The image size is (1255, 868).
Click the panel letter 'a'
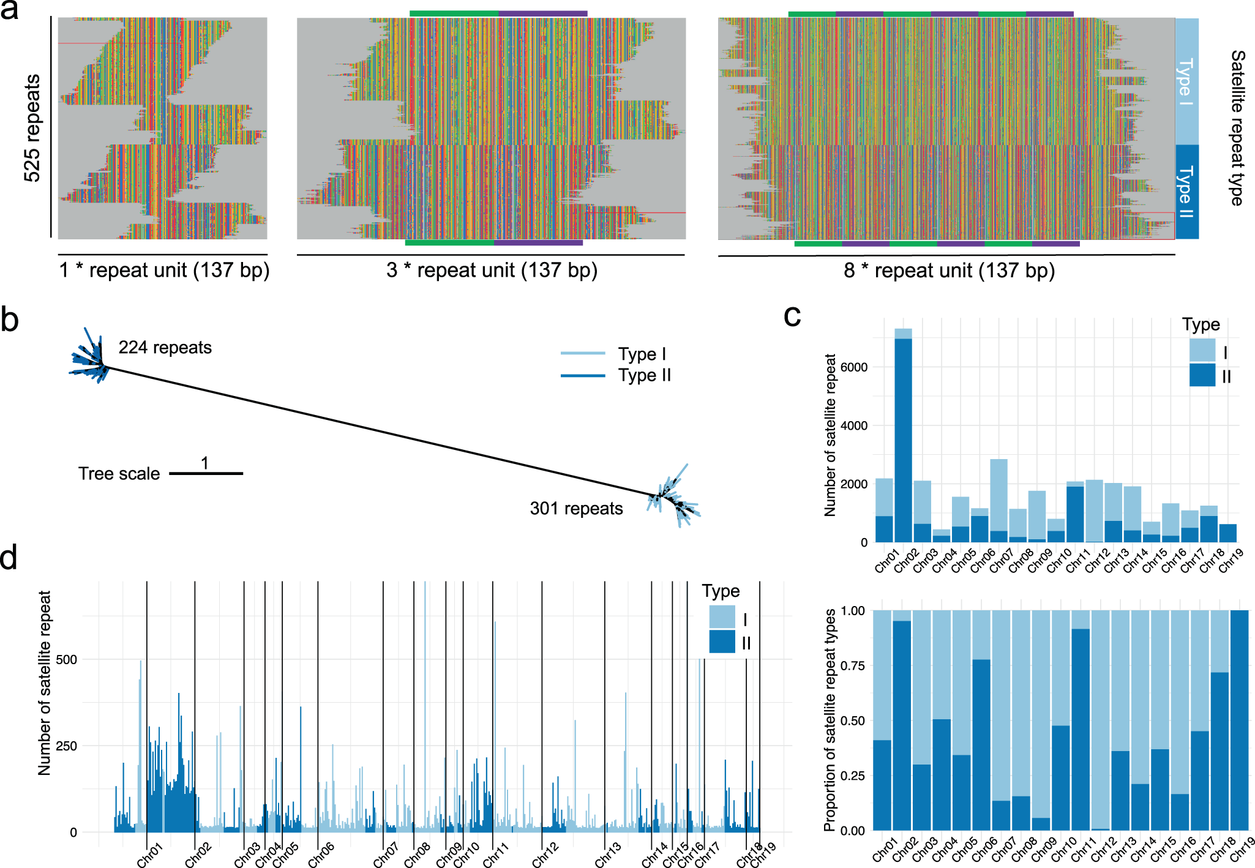point(10,10)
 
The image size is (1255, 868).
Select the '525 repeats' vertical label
point(32,128)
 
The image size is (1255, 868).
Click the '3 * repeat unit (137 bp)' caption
point(492,270)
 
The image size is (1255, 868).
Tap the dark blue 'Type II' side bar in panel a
point(1186,192)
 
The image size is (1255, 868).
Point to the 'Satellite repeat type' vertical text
point(1237,128)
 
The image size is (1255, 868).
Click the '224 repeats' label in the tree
point(165,348)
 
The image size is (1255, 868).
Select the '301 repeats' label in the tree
point(576,509)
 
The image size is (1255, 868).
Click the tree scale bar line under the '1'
point(206,473)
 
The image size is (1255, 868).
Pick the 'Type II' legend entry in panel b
point(644,375)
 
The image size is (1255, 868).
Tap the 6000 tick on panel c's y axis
point(854,367)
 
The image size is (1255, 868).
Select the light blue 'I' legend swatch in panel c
point(1202,351)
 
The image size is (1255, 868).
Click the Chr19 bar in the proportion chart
point(1238,720)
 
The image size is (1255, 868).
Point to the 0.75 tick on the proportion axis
point(852,665)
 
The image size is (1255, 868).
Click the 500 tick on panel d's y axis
point(66,659)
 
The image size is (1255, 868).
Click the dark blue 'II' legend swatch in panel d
point(722,642)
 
